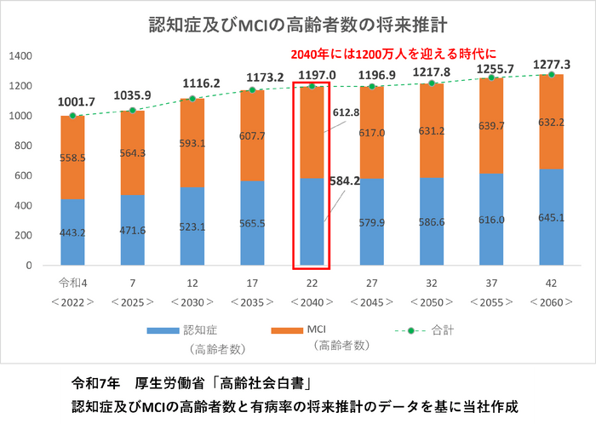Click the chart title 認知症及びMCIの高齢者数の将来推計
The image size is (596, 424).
[297, 20]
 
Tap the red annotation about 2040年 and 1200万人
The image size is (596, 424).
[393, 53]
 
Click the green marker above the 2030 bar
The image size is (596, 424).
[192, 99]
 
